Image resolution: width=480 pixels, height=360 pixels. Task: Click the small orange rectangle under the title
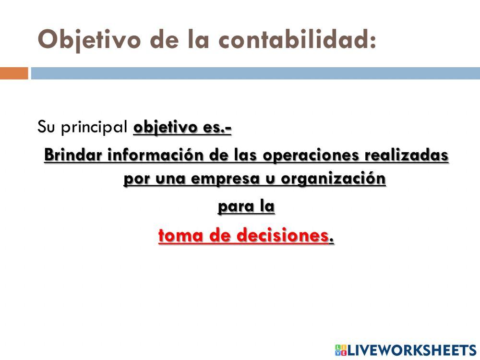coord(14,73)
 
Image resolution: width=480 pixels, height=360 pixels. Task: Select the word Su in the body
coord(44,128)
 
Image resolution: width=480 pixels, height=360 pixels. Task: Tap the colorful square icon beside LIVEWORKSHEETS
coord(341,350)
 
